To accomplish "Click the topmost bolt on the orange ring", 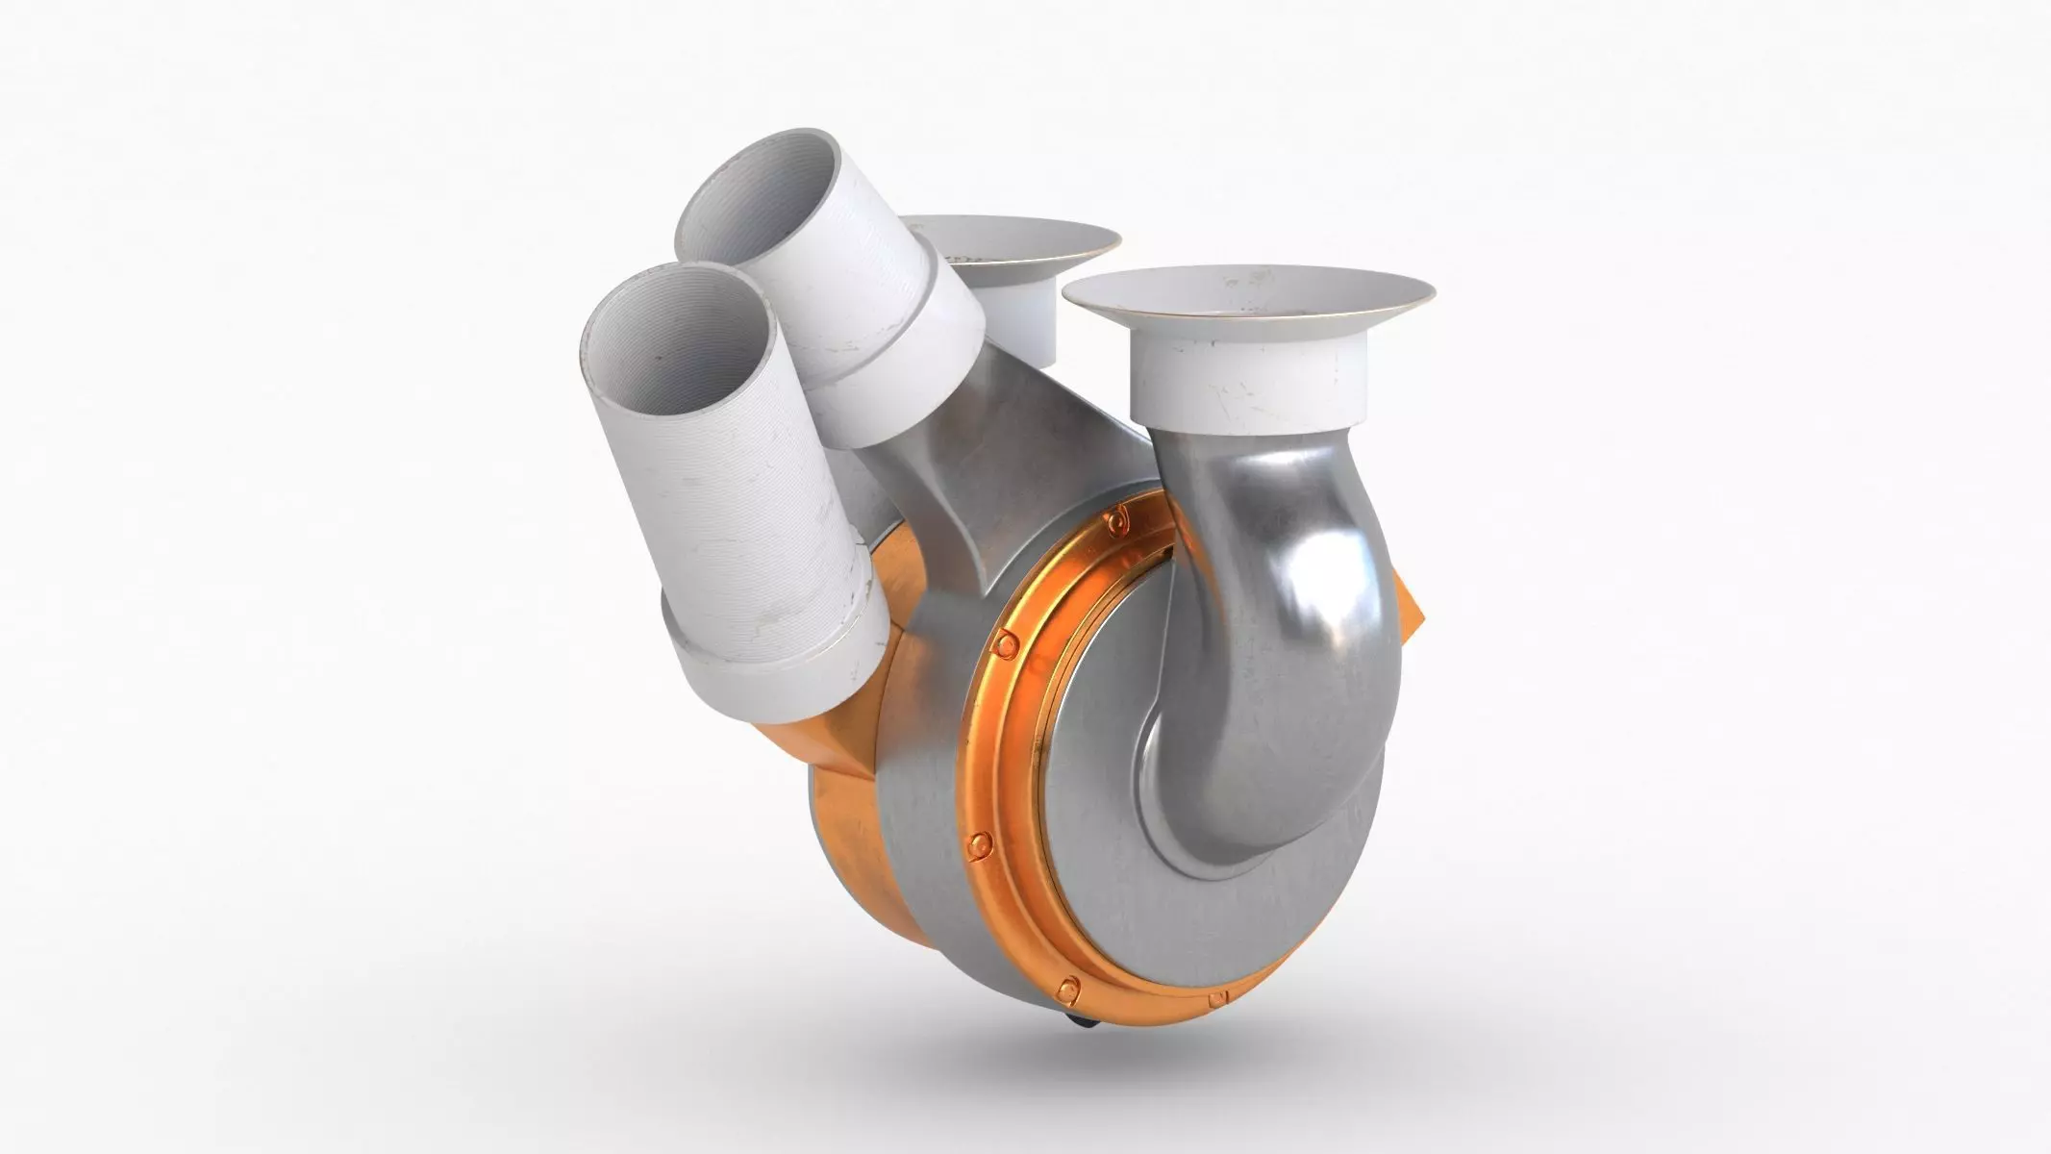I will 1116,520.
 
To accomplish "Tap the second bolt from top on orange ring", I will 1007,641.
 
